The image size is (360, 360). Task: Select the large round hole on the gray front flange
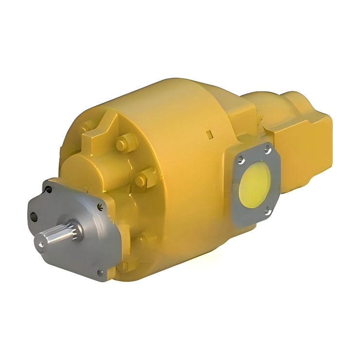tap(33, 216)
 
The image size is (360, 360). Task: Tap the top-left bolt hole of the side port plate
tap(240, 157)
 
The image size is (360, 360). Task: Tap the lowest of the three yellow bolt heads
tap(141, 181)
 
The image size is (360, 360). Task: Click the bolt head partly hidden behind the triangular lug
tap(87, 128)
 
